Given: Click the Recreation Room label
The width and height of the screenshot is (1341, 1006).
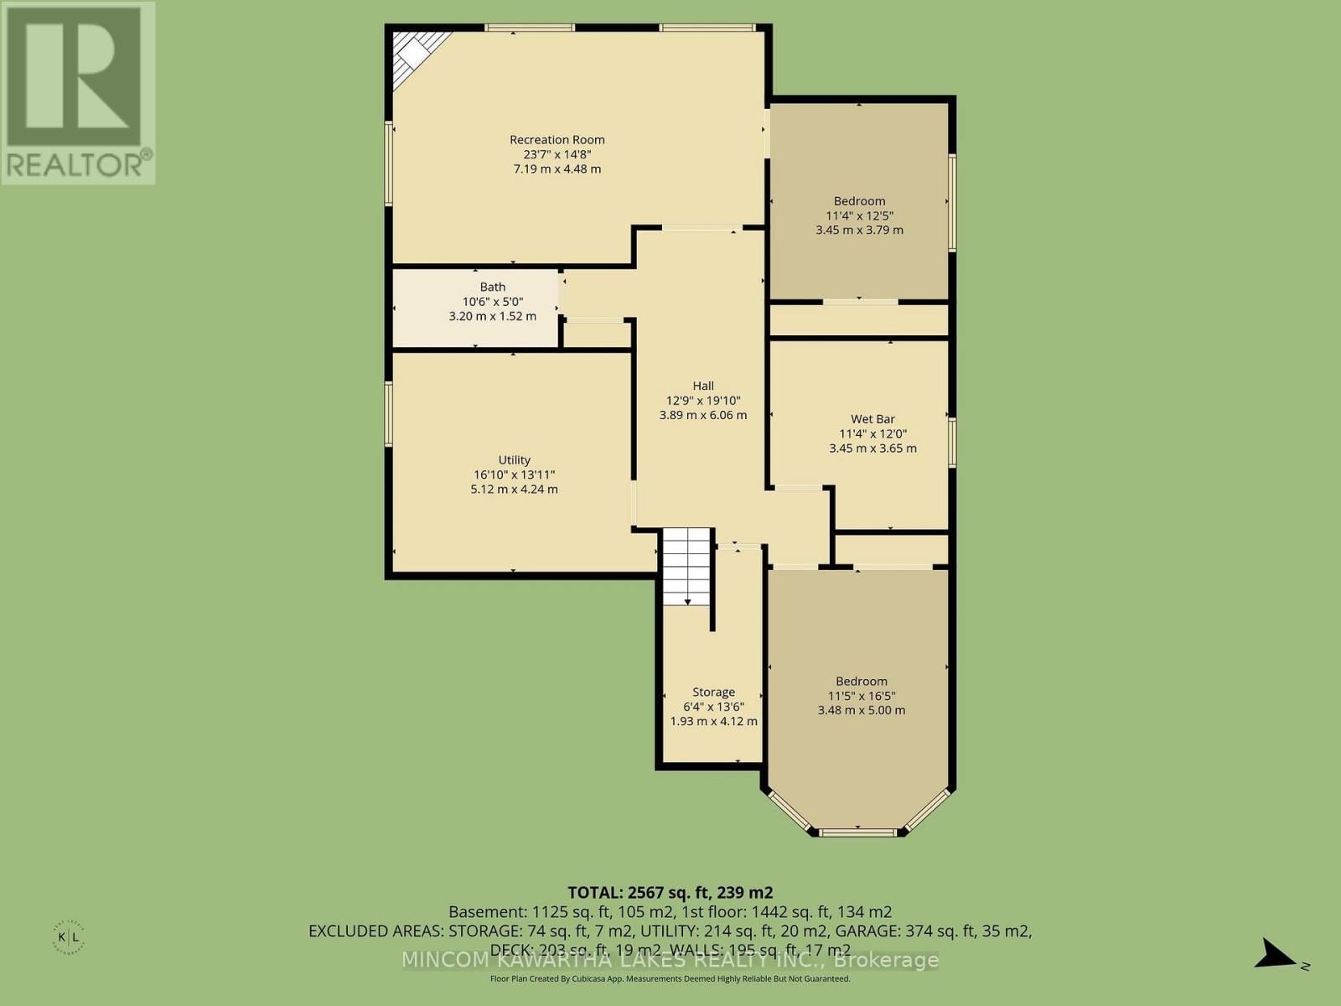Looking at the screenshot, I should point(557,140).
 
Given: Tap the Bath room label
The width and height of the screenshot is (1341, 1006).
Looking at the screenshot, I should point(493,287).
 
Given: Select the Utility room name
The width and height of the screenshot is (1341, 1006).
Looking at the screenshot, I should point(514,459).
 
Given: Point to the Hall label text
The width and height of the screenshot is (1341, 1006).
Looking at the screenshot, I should point(702,386).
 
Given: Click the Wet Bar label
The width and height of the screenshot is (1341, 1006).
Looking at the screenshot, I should point(872,418).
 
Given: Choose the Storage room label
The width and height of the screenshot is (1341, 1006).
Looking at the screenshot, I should point(713,692).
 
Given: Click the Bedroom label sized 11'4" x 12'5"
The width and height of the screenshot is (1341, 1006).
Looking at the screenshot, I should point(859,201).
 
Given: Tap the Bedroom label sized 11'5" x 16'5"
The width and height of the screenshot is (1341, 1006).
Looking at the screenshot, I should point(861,682).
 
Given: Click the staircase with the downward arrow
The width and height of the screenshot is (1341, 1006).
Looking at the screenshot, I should point(687,567).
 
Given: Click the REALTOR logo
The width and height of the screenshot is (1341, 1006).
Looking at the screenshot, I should point(77,92).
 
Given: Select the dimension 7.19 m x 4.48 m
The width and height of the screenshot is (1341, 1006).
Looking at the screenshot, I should point(557,169).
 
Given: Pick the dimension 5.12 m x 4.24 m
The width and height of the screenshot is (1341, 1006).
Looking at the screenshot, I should point(514,489).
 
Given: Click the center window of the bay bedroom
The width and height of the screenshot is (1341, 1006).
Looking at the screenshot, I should point(857,832).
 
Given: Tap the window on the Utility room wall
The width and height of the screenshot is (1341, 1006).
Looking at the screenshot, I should point(389,414).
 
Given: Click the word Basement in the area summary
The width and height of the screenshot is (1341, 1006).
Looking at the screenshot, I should point(488,912).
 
